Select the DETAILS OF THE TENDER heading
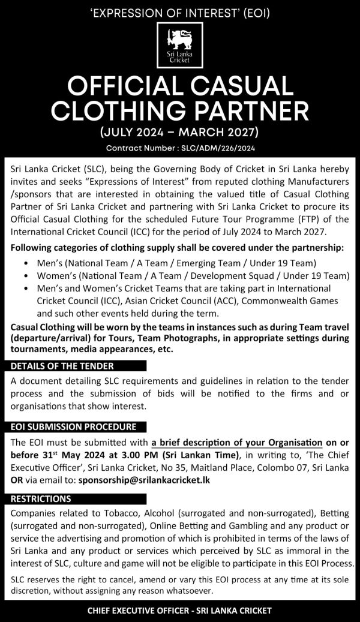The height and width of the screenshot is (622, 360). pos(62,366)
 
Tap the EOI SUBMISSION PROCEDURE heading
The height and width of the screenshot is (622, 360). pos(70,427)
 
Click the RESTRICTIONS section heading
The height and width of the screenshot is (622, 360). pos(41,498)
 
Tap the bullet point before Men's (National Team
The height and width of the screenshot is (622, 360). pos(26,263)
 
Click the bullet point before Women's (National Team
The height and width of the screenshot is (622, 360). pos(26,276)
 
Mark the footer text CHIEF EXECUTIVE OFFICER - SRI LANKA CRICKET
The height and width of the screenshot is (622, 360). pos(180,611)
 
